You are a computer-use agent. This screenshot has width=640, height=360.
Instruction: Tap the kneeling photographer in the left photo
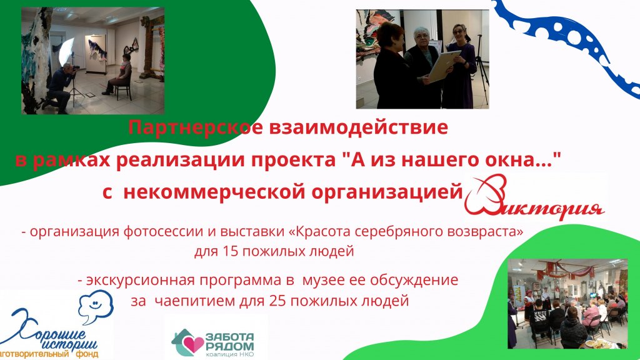61,87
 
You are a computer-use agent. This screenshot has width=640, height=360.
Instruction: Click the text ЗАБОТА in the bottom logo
229,337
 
